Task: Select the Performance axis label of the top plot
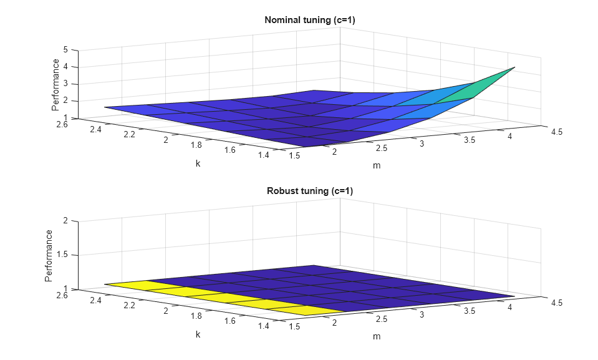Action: (x=56, y=84)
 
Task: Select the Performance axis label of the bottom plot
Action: (x=49, y=255)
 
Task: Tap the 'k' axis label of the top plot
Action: (x=198, y=163)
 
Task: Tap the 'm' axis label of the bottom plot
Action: (x=376, y=336)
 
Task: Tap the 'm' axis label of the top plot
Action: (x=376, y=165)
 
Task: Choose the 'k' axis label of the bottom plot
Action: (x=198, y=334)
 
